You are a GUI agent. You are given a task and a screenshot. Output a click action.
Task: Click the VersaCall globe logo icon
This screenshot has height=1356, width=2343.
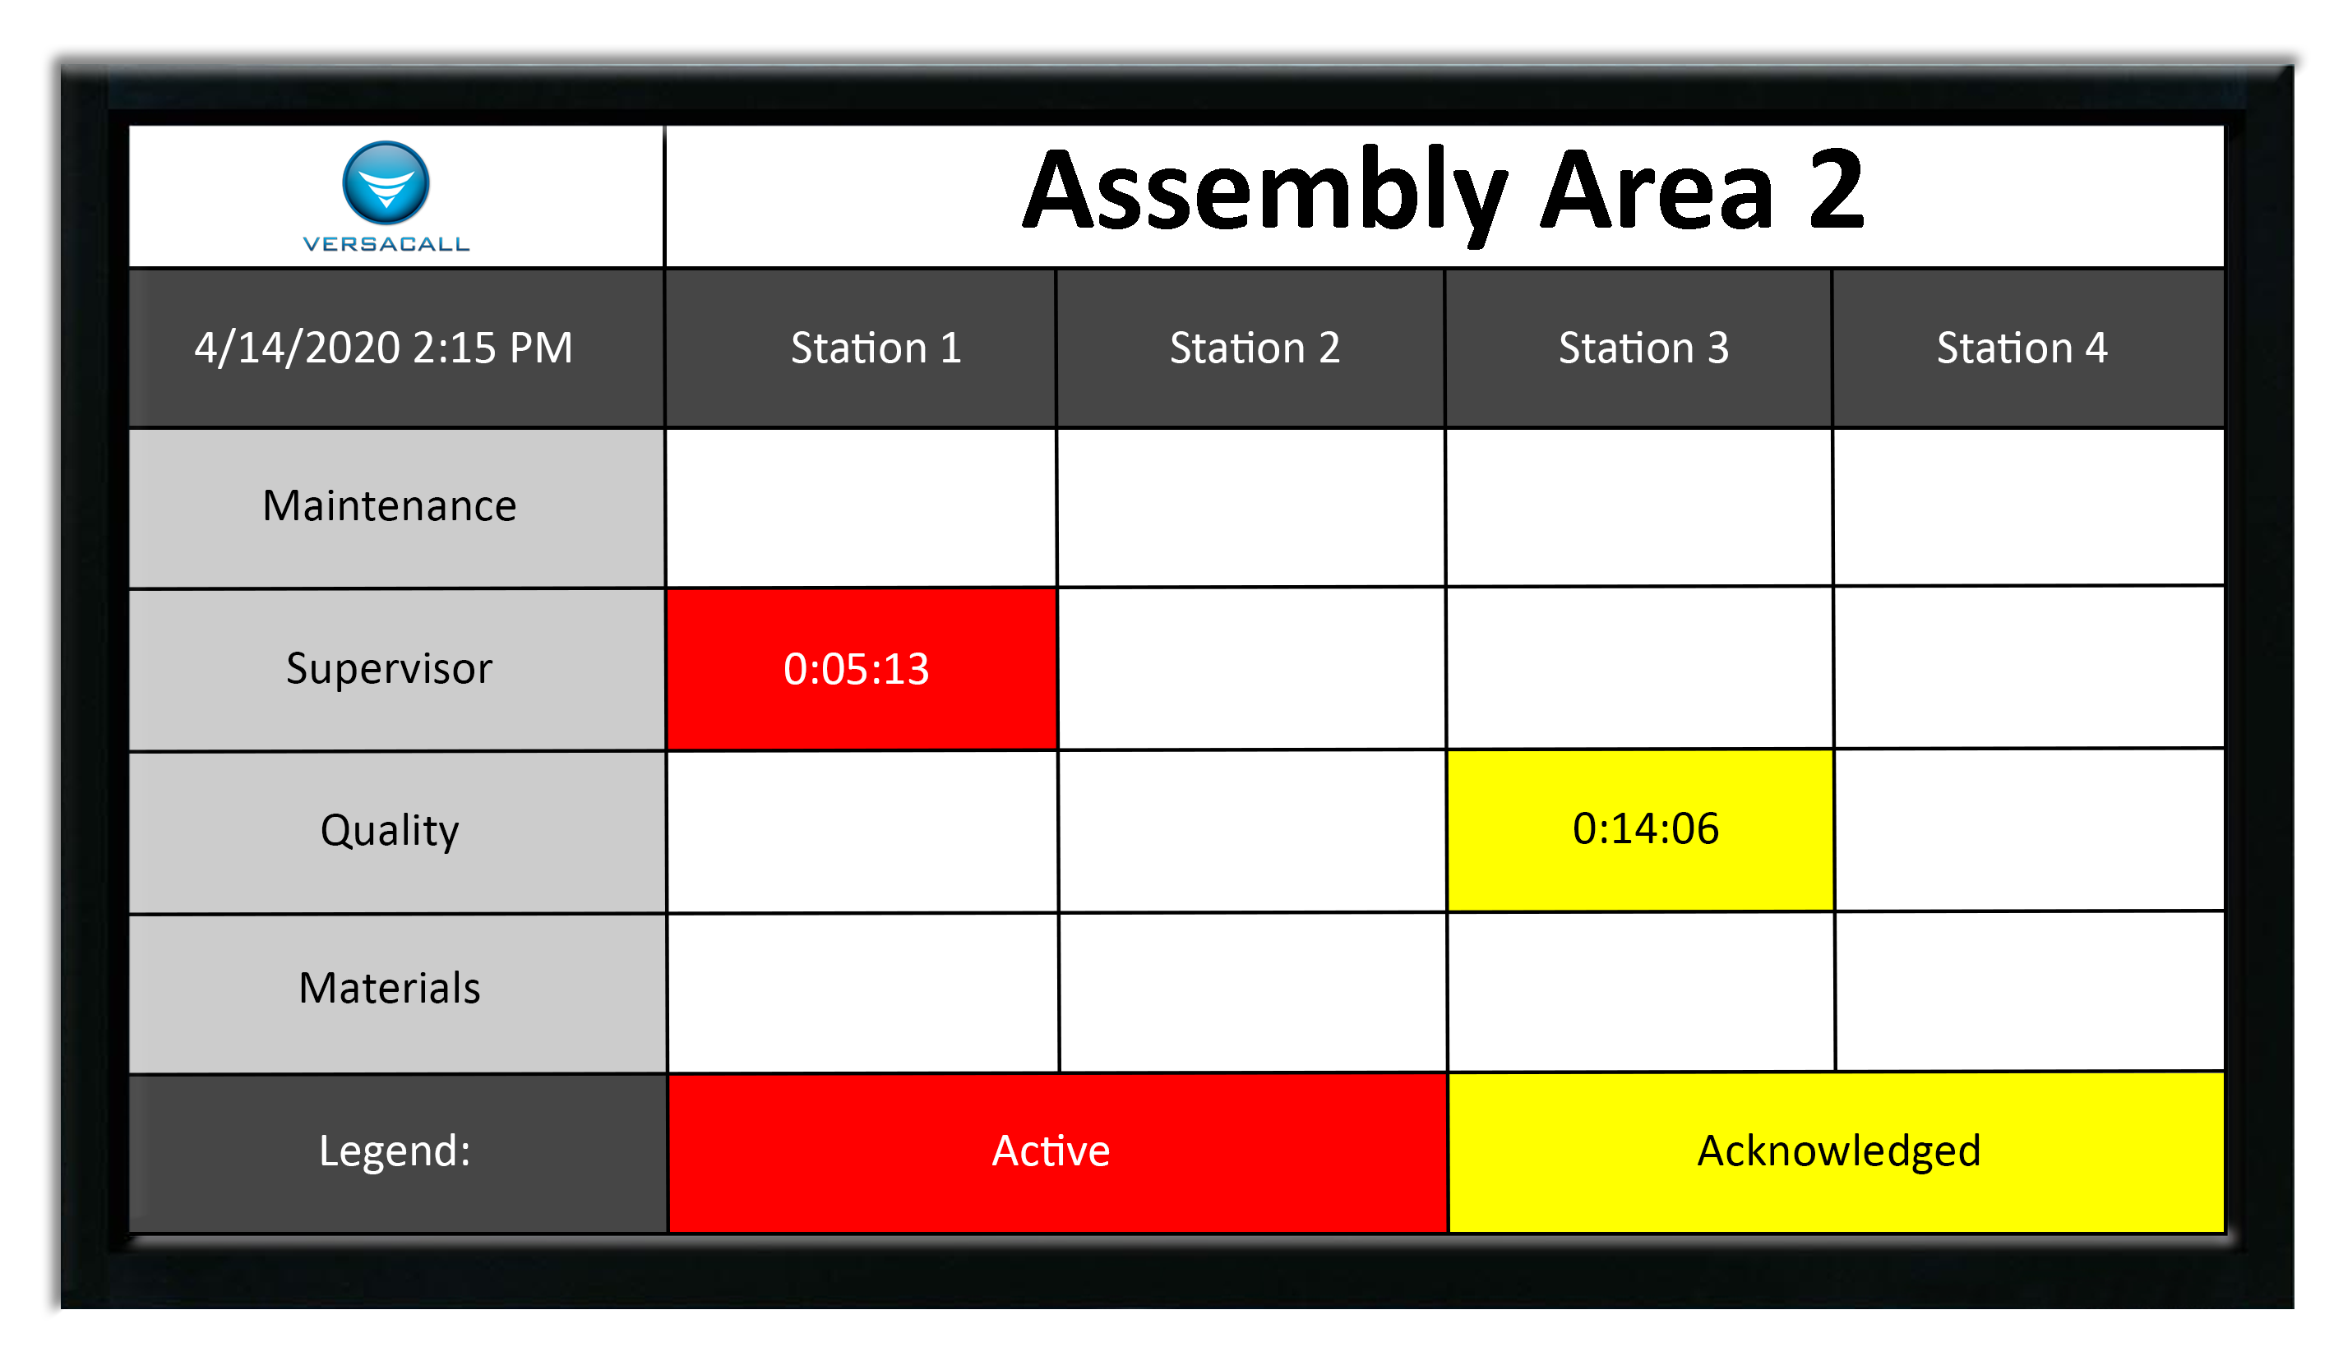(386, 182)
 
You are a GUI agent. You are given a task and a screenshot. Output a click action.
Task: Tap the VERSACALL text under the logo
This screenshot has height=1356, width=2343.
(386, 244)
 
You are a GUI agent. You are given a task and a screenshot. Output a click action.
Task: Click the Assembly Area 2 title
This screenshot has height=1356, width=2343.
(1444, 192)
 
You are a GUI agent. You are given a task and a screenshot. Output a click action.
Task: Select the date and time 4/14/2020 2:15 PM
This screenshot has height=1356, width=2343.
(383, 348)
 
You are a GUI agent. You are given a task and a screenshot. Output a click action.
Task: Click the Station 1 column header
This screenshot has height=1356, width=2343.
(876, 348)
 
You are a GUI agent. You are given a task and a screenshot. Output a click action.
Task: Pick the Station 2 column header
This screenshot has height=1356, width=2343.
(1255, 348)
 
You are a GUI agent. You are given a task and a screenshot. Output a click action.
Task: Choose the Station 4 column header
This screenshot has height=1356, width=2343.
(2022, 348)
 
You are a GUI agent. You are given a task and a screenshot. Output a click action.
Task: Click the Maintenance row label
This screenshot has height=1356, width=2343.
(389, 505)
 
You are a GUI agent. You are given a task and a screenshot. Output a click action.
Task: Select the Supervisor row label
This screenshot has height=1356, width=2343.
(389, 668)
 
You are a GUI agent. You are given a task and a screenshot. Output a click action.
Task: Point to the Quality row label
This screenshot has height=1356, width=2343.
(390, 830)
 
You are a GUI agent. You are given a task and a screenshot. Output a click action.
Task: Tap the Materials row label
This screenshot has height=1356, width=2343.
(390, 987)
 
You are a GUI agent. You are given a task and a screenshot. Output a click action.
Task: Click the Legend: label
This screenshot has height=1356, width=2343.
(395, 1151)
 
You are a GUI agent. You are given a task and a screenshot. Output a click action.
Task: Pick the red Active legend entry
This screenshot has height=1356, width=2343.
(1057, 1152)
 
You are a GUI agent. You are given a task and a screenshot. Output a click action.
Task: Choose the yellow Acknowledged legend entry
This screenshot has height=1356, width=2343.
(1837, 1152)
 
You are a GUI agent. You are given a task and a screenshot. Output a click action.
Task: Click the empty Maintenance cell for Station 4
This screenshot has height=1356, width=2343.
(2029, 507)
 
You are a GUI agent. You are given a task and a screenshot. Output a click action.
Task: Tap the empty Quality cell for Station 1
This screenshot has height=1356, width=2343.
(863, 832)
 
